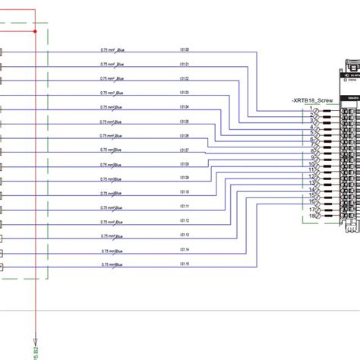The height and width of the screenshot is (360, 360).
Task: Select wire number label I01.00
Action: [x=185, y=49]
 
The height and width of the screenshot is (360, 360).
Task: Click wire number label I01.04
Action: [x=185, y=107]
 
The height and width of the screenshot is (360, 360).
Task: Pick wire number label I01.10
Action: [x=185, y=193]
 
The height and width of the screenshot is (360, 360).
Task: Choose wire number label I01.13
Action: [x=185, y=235]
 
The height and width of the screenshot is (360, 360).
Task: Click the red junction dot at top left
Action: [x=36, y=31]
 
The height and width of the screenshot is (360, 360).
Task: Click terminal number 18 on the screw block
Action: [x=312, y=216]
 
